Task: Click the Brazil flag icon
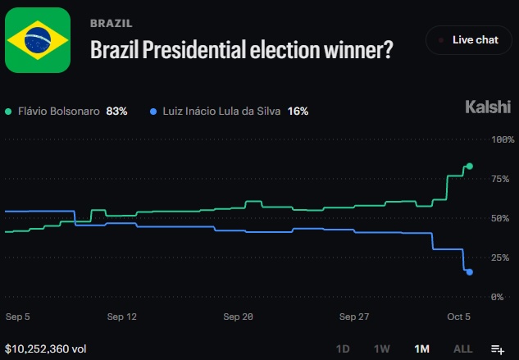(38, 40)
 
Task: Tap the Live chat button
(469, 40)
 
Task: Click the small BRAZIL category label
(112, 23)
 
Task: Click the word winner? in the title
(358, 49)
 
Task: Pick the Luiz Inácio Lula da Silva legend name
(221, 112)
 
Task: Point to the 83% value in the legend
(116, 112)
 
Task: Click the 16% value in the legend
(298, 112)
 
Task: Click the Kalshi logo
(488, 107)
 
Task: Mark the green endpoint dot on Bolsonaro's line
(469, 166)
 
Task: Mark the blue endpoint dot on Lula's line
(469, 272)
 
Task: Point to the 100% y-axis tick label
(503, 139)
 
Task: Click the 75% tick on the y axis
(500, 179)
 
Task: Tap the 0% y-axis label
(497, 297)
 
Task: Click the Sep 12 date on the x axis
(122, 317)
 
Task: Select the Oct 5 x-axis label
(458, 317)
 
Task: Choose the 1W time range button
(381, 349)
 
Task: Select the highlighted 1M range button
(421, 349)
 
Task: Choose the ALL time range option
(462, 349)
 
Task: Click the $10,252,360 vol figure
(46, 349)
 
